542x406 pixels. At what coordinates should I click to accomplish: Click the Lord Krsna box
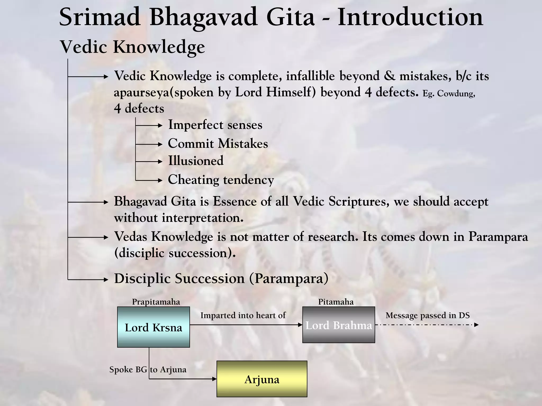(153, 327)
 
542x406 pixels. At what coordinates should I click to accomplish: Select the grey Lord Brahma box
(338, 325)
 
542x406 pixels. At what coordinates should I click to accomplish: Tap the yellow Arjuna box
(262, 379)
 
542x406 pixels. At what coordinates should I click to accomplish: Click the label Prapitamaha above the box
(156, 302)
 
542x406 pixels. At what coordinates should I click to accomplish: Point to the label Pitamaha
(336, 302)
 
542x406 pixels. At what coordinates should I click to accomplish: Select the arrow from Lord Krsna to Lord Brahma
(246, 325)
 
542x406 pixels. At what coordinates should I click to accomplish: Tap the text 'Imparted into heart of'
(243, 315)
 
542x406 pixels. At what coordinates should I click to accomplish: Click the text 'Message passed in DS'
(427, 315)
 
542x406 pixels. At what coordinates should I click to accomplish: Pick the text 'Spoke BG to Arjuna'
(148, 370)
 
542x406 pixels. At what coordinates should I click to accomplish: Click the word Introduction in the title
(410, 17)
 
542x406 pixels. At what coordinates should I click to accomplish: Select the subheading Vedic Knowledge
(132, 47)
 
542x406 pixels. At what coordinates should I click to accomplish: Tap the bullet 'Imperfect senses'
(215, 125)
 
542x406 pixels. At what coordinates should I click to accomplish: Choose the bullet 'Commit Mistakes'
(218, 144)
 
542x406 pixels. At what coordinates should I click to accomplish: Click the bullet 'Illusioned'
(196, 161)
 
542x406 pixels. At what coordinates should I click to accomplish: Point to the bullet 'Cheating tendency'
(221, 180)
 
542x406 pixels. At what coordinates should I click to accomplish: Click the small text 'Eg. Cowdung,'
(449, 94)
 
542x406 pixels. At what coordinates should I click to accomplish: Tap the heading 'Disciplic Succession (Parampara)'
(221, 279)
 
